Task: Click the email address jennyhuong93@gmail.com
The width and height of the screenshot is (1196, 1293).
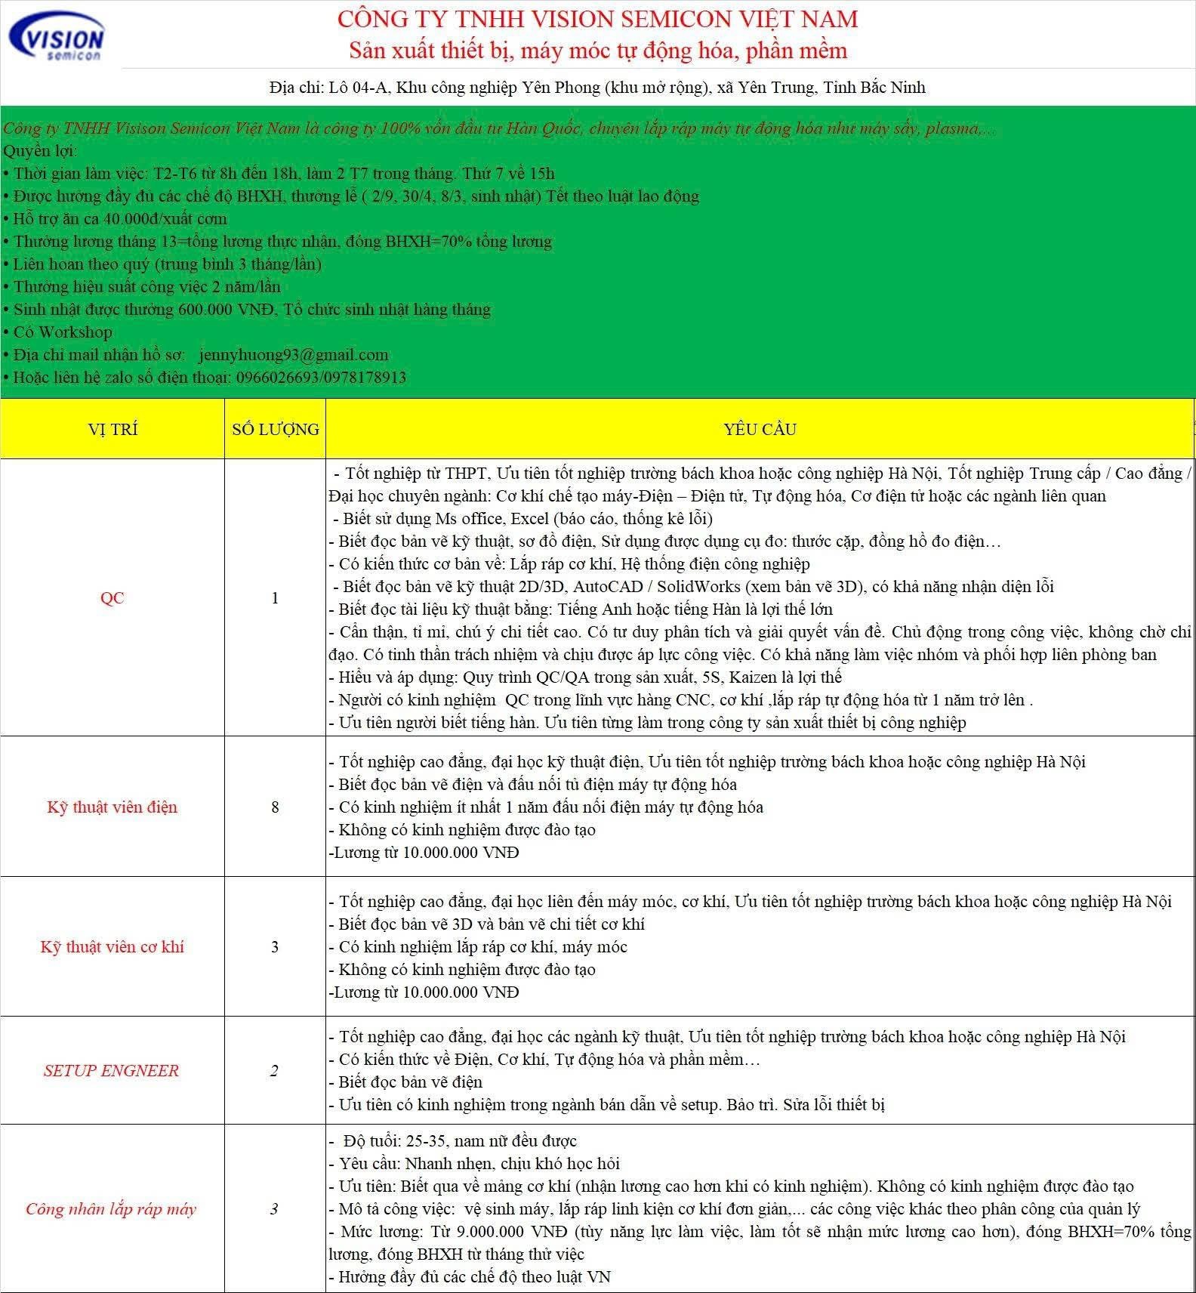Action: point(294,355)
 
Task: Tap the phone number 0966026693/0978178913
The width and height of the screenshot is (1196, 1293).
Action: point(321,378)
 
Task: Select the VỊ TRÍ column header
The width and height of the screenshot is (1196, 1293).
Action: point(113,430)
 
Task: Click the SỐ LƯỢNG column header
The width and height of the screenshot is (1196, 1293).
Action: point(276,430)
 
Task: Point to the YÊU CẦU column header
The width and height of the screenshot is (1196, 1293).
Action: point(760,430)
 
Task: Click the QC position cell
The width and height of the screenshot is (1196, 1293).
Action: point(113,598)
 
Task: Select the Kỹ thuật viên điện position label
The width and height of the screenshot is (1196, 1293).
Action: point(113,807)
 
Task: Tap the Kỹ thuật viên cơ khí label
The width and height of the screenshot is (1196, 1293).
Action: point(113,947)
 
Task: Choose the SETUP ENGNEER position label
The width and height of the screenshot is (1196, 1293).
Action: point(112,1071)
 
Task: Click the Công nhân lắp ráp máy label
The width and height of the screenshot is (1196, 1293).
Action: point(112,1209)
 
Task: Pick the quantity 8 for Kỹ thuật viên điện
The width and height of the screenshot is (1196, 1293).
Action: point(275,807)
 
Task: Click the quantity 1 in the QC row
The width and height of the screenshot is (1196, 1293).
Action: point(275,598)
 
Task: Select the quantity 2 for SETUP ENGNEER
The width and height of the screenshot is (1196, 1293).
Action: point(275,1071)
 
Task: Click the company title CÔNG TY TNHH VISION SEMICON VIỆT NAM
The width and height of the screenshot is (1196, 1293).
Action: point(597,19)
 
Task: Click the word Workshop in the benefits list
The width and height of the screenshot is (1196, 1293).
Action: point(75,332)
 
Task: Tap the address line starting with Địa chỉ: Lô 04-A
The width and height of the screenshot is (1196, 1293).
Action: point(597,88)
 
